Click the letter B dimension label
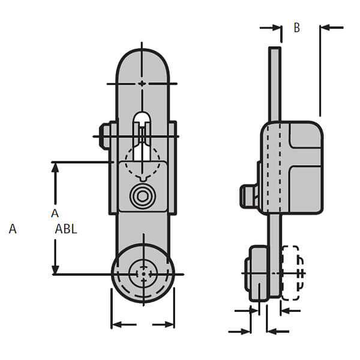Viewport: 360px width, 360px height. click(x=296, y=28)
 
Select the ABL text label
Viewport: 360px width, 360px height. click(x=66, y=229)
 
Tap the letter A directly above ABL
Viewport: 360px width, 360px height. click(x=55, y=213)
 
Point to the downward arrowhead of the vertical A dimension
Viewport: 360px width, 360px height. click(x=55, y=268)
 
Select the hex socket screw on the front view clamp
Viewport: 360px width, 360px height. click(x=143, y=196)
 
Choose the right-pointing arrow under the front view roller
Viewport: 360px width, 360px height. click(x=163, y=325)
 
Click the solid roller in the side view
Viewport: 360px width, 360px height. click(x=256, y=272)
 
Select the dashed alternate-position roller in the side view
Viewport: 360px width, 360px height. click(x=292, y=273)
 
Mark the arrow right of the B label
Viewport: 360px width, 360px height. click(x=332, y=27)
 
